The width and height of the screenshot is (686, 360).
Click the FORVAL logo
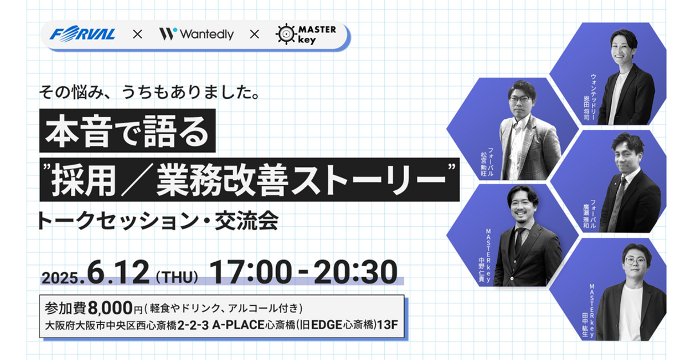82,34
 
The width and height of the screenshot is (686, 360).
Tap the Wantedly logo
196,34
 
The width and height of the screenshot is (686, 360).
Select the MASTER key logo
306,34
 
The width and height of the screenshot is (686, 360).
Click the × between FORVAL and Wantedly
138,34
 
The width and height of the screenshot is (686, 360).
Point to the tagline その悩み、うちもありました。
149,92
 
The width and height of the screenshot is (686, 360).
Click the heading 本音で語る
127,131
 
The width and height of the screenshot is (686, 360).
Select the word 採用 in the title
84,180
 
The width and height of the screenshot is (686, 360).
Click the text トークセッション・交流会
157,221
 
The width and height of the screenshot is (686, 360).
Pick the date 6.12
118,272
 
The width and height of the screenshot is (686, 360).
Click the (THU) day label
177,277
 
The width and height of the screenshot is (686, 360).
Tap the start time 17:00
250,272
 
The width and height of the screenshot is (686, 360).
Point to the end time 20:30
355,272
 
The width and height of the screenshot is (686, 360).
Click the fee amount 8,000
110,307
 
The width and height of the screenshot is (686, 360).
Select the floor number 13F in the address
388,325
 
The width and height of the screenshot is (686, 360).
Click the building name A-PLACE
238,325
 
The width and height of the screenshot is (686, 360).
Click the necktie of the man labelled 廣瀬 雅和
616,203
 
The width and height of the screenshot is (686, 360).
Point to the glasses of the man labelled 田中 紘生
635,261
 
